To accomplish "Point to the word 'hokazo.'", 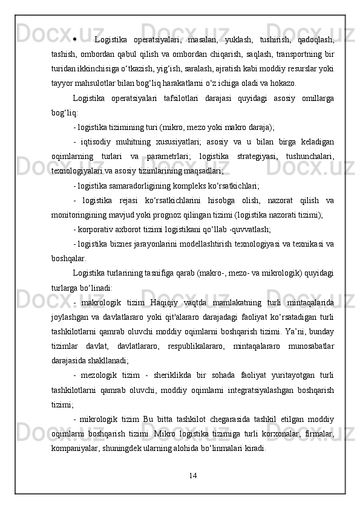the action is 281,83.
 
